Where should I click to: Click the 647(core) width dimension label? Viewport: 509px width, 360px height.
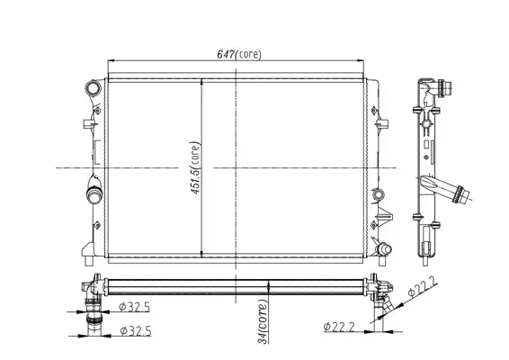[x=239, y=54]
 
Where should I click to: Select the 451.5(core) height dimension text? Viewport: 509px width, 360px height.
[x=195, y=167]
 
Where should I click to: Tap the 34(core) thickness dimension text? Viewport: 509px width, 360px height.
[x=263, y=321]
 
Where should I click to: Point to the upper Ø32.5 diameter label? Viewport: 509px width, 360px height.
[x=134, y=307]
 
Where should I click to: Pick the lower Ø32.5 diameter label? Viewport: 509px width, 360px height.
[x=136, y=331]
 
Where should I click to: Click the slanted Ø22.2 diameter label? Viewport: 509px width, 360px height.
[x=423, y=287]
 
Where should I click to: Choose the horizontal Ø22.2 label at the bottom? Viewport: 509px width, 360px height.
[x=339, y=327]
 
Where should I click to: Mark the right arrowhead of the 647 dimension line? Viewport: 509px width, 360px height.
[x=360, y=60]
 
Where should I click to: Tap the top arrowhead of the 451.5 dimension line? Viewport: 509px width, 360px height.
[x=202, y=83]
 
